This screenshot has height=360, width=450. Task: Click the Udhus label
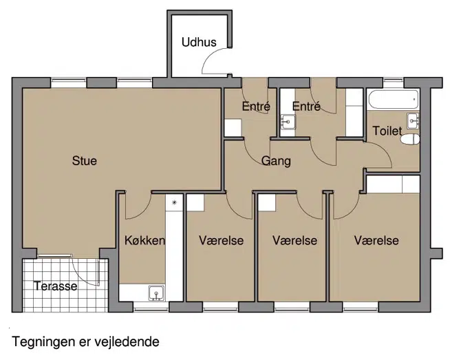[x=199, y=42]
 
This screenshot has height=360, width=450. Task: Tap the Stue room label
[x=85, y=161]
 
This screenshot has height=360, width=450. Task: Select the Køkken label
[x=144, y=241]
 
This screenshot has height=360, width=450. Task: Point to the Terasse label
[x=55, y=286]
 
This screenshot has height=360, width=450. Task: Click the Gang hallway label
[x=276, y=161]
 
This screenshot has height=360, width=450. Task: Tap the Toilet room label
[x=387, y=131]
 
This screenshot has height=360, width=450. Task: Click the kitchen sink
[x=156, y=293]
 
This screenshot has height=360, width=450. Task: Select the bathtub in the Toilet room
[x=393, y=100]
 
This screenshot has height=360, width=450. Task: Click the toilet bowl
[x=410, y=140]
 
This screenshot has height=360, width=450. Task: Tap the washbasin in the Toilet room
[x=413, y=120]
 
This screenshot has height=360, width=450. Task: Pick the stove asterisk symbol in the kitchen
[x=174, y=202]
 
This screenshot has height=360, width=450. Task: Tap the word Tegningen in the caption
[x=43, y=342]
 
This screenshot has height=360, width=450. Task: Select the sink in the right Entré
[x=288, y=122]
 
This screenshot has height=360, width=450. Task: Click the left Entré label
[x=256, y=107]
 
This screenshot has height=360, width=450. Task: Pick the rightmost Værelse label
[x=376, y=241]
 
